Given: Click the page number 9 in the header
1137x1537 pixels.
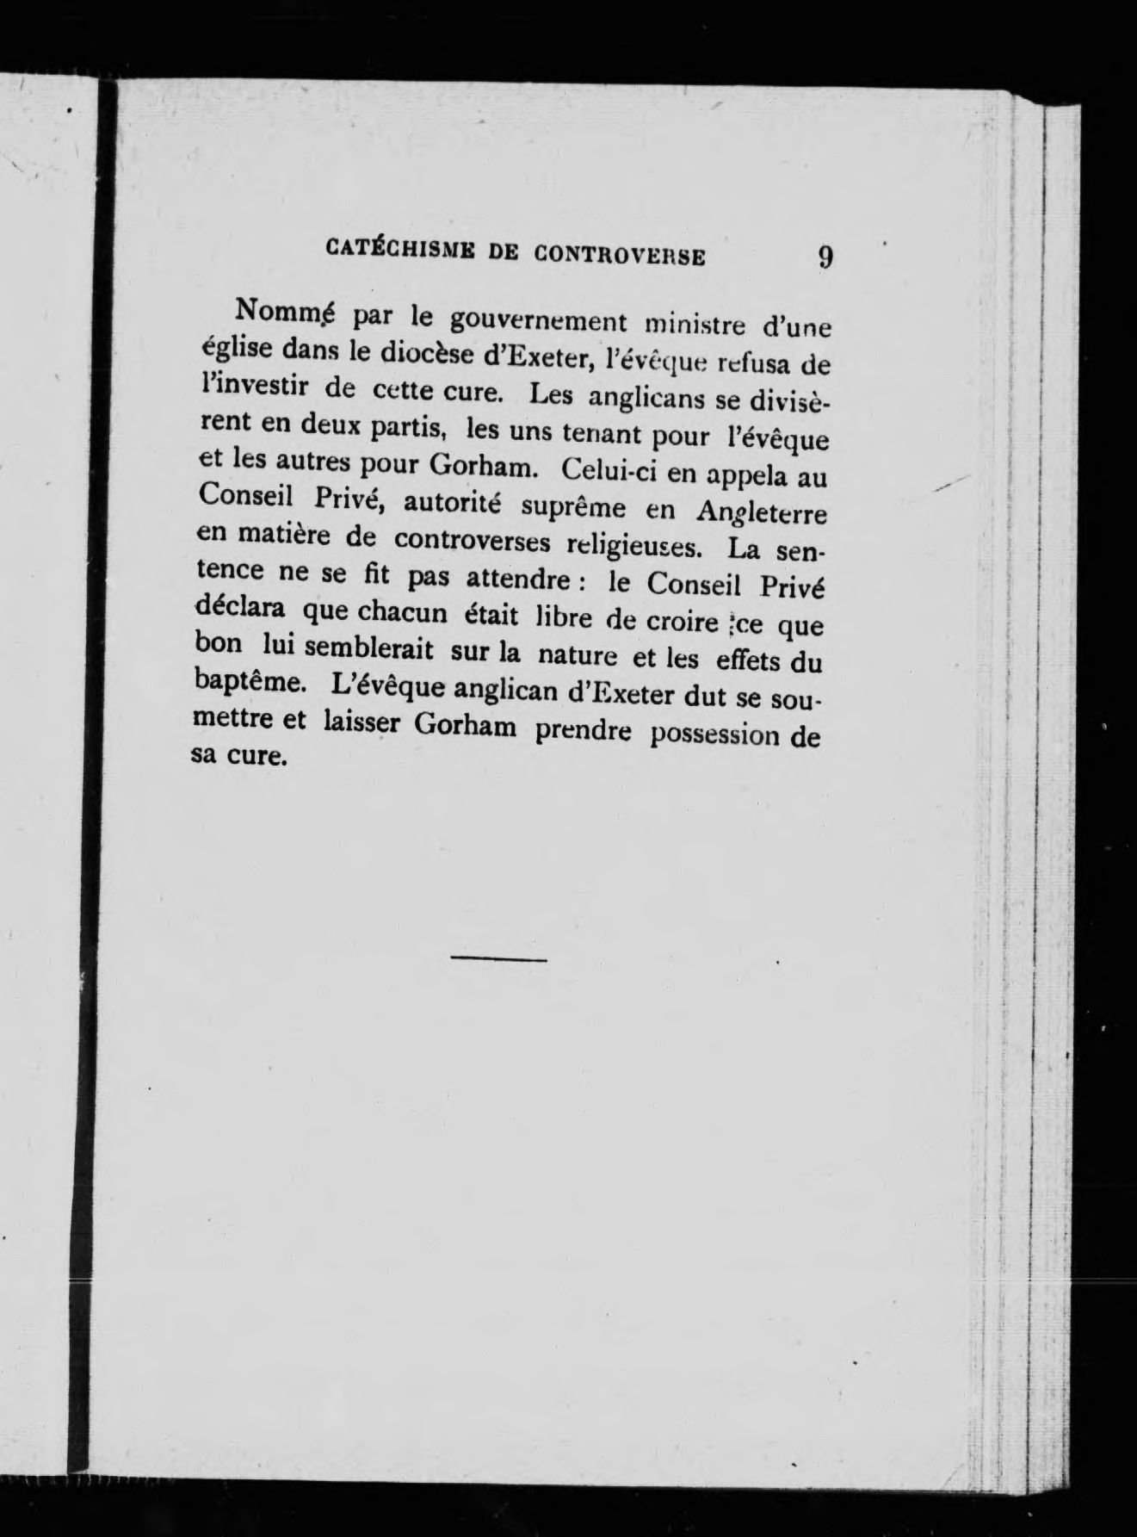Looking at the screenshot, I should tap(825, 257).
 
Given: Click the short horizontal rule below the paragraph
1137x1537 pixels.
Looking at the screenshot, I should tap(499, 958).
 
